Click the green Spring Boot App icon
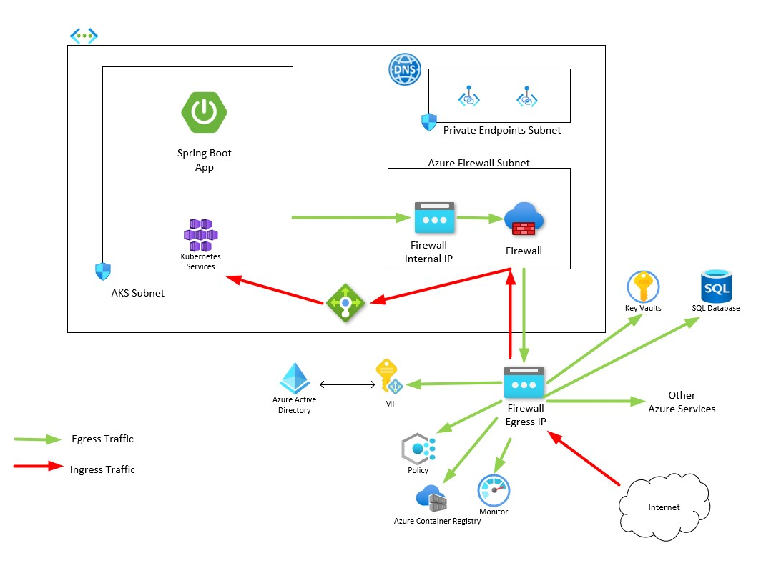204,112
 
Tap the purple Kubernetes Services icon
200,234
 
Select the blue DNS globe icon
404,71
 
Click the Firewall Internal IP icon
434,218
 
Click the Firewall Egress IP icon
525,383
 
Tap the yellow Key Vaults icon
642,287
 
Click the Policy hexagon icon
418,449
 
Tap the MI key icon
388,377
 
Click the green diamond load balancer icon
345,303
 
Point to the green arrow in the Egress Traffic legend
37,439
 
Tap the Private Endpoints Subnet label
501,130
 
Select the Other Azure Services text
681,402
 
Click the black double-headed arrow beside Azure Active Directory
348,385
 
